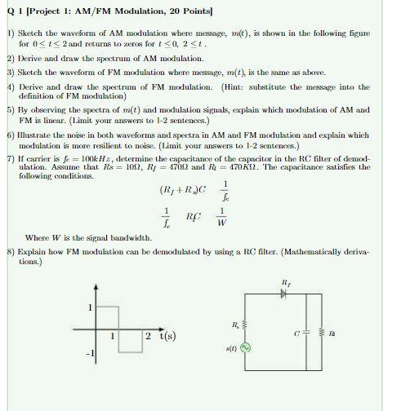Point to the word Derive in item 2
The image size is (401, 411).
(32, 60)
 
